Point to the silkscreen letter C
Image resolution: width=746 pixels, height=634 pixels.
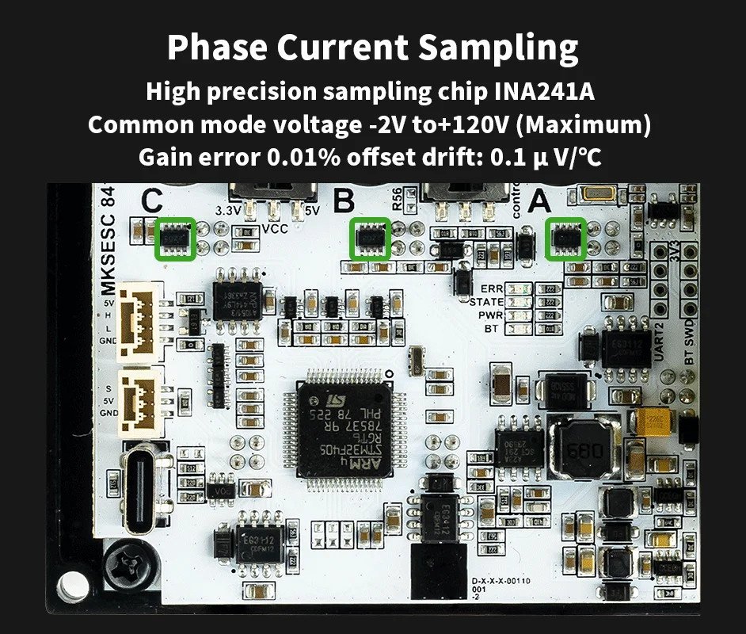pyautogui.click(x=152, y=202)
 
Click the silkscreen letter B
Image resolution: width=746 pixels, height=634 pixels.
pyautogui.click(x=344, y=202)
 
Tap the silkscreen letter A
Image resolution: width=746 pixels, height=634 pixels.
pyautogui.click(x=539, y=202)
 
